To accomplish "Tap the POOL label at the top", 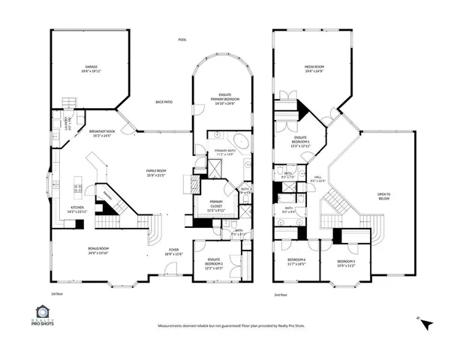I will point(182,40).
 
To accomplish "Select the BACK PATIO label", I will point(164,102).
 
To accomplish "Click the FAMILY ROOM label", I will point(156,172).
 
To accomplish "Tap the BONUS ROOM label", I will point(99,250).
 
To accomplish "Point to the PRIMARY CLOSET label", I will point(215,206).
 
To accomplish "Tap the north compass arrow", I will point(426,324).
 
